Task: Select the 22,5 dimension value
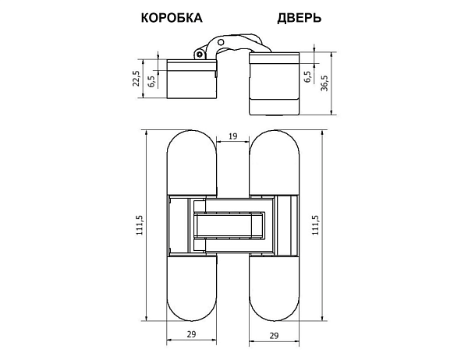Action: [136, 79]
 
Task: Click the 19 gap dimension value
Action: [232, 137]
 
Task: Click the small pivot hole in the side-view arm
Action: [200, 55]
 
